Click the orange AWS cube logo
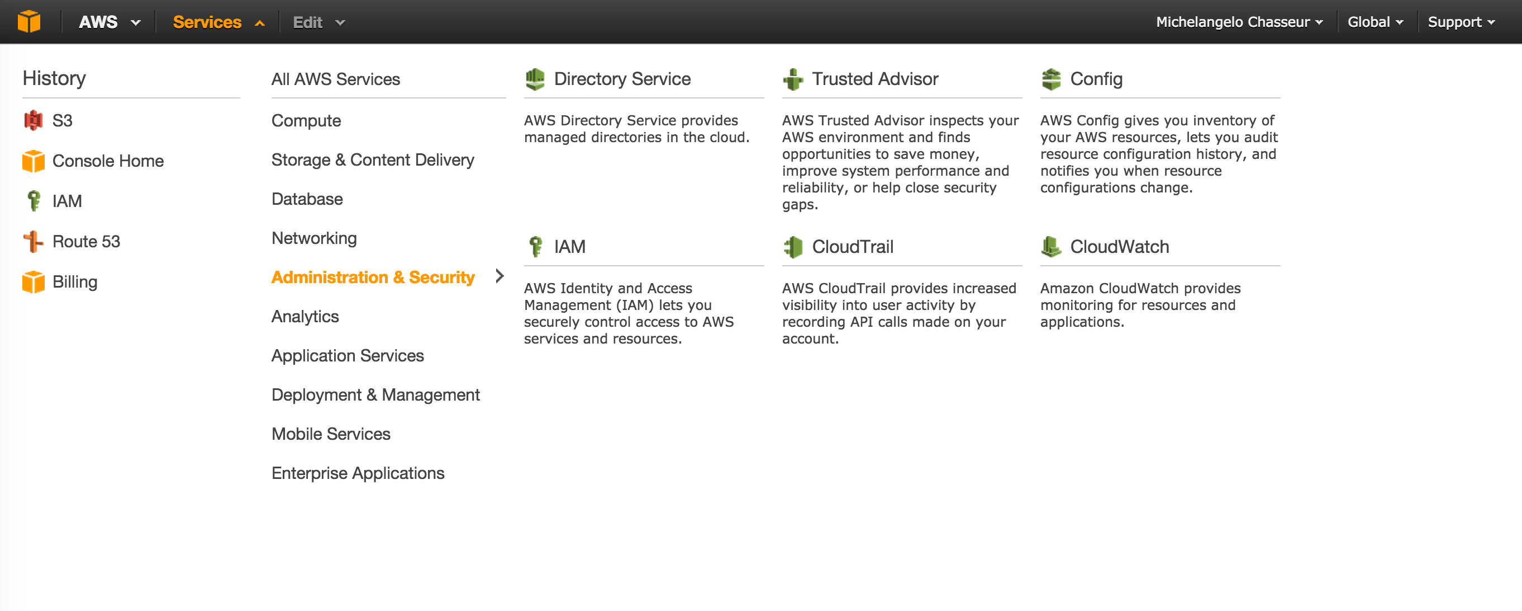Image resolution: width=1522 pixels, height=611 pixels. pyautogui.click(x=29, y=22)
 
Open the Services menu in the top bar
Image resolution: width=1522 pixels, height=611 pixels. pyautogui.click(x=207, y=22)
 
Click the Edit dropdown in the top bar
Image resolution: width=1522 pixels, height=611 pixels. pyautogui.click(x=308, y=22)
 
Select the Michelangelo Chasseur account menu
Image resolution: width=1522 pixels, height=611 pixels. pyautogui.click(x=1234, y=22)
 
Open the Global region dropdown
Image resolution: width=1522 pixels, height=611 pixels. pyautogui.click(x=1369, y=22)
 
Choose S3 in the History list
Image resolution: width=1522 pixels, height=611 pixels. pyautogui.click(x=62, y=121)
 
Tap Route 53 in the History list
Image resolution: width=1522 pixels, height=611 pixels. pyautogui.click(x=85, y=241)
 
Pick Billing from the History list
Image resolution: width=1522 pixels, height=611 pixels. pyautogui.click(x=74, y=281)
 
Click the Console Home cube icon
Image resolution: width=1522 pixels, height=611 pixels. pyautogui.click(x=34, y=161)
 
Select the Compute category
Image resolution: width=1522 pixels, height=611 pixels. pyautogui.click(x=306, y=121)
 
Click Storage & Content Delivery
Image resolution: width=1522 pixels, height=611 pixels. pyautogui.click(x=372, y=159)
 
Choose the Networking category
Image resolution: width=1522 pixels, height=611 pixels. pyautogui.click(x=314, y=238)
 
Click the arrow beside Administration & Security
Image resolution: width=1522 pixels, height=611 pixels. pyautogui.click(x=500, y=276)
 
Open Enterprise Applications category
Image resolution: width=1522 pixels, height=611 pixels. pyautogui.click(x=358, y=473)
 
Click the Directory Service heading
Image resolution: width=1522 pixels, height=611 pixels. pyautogui.click(x=621, y=79)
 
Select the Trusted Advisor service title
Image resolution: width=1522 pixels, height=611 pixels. pyautogui.click(x=874, y=79)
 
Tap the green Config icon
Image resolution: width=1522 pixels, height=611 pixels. pyautogui.click(x=1051, y=79)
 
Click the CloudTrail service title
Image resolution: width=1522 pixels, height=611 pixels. pyautogui.click(x=852, y=247)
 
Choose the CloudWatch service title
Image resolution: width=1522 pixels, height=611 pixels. pyautogui.click(x=1119, y=247)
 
